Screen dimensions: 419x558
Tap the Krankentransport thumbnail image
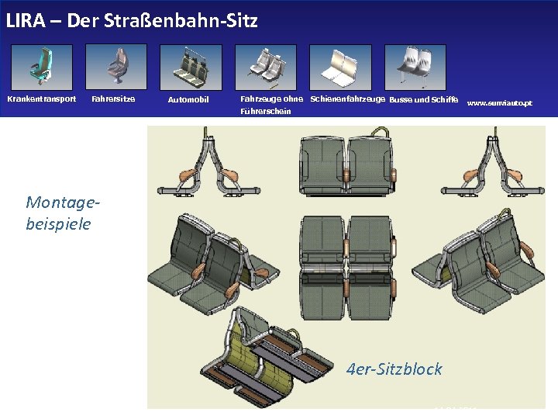point(42,67)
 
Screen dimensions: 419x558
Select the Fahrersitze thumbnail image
point(115,67)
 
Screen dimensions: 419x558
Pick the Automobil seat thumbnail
point(190,67)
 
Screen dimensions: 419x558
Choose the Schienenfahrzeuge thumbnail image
point(340,67)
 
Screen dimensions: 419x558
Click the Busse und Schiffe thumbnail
point(415,67)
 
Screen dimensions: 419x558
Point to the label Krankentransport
point(42,99)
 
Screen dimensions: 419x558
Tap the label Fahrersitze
point(113,99)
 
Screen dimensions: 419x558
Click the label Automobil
point(188,99)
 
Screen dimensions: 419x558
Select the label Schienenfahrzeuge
point(347,99)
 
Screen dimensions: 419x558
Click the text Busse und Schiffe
point(423,99)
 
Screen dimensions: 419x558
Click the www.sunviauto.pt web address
point(500,102)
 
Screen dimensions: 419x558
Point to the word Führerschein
point(266,111)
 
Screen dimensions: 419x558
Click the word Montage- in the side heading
point(63,203)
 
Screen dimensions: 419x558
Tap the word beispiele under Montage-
point(58,223)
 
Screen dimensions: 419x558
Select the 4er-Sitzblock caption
point(394,369)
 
